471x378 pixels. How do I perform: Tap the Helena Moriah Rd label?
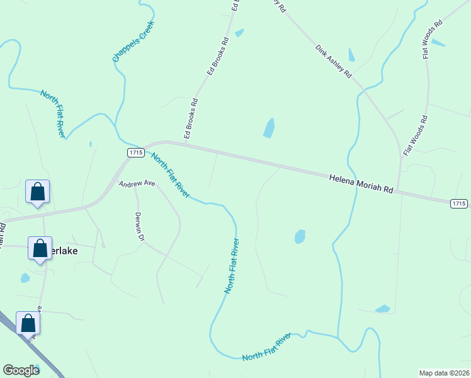(361, 184)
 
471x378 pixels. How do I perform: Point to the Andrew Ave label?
(137, 183)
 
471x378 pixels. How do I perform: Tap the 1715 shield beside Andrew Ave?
(136, 153)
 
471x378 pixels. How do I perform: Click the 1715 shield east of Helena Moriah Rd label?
(459, 203)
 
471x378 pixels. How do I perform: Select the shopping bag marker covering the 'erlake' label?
(40, 249)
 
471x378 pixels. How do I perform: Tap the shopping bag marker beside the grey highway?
(28, 323)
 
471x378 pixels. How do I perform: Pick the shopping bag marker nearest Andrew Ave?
(38, 192)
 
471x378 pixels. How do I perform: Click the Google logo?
(21, 370)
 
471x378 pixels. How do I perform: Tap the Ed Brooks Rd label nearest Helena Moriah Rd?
(191, 118)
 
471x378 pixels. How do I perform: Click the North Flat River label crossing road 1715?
(170, 176)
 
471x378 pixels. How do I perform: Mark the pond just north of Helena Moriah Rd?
(269, 128)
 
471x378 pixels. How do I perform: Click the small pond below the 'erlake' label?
(25, 278)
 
